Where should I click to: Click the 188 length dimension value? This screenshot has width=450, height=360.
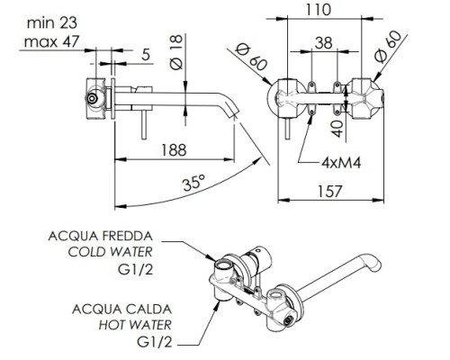pyautogui.click(x=174, y=150)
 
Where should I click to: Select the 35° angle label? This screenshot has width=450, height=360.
pyautogui.click(x=194, y=183)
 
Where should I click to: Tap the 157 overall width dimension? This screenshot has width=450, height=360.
pyautogui.click(x=329, y=192)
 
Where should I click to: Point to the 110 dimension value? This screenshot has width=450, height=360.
pyautogui.click(x=319, y=10)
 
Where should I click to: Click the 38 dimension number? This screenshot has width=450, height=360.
pyautogui.click(x=324, y=43)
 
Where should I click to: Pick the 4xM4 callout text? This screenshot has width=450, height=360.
pyautogui.click(x=341, y=163)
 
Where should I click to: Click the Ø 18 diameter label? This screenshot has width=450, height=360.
pyautogui.click(x=176, y=52)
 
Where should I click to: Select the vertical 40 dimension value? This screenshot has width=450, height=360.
pyautogui.click(x=337, y=129)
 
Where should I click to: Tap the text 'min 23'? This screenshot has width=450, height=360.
pyautogui.click(x=52, y=23)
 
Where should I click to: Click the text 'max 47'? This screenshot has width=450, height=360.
pyautogui.click(x=51, y=41)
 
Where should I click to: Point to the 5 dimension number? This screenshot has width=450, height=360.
pyautogui.click(x=146, y=55)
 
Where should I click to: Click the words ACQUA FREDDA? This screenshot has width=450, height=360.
pyautogui.click(x=101, y=237)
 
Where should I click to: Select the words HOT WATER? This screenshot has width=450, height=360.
pyautogui.click(x=135, y=325)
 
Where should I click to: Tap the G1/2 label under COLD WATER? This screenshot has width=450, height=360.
pyautogui.click(x=136, y=270)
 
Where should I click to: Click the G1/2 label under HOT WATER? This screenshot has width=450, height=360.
pyautogui.click(x=155, y=342)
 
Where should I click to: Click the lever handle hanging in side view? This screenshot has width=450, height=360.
pyautogui.click(x=144, y=125)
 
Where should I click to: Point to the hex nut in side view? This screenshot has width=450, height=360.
pyautogui.click(x=92, y=98)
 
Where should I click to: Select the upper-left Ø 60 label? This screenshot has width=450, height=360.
pyautogui.click(x=251, y=57)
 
